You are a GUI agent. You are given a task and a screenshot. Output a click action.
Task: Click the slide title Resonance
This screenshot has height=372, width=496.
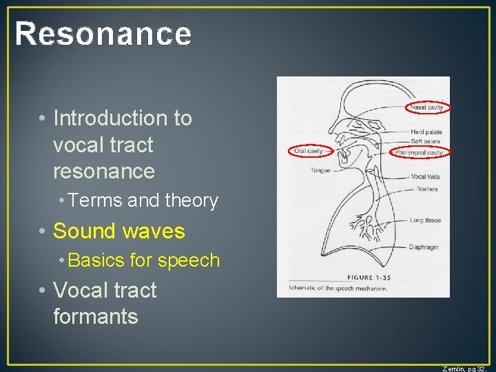pyautogui.click(x=103, y=34)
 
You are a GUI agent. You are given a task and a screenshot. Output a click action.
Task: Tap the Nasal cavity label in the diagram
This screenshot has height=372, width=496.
pyautogui.click(x=427, y=107)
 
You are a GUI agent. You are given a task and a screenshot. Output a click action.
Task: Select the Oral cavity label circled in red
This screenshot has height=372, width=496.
pyautogui.click(x=309, y=151)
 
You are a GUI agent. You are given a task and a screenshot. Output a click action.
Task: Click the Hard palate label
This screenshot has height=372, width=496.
pyautogui.click(x=426, y=132)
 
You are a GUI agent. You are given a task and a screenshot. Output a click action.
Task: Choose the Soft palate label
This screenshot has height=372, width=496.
pyautogui.click(x=425, y=141)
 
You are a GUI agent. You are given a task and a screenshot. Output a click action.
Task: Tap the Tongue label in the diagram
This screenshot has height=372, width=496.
pyautogui.click(x=320, y=170)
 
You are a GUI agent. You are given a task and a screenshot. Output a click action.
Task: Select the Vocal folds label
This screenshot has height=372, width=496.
pyautogui.click(x=425, y=177)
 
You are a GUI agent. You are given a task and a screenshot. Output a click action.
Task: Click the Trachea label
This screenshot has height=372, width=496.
pyautogui.click(x=426, y=189)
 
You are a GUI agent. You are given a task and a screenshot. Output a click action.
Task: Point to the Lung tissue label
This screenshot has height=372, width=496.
pyautogui.click(x=426, y=220)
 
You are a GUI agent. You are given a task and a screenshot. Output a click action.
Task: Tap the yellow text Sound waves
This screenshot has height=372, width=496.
pyautogui.click(x=118, y=231)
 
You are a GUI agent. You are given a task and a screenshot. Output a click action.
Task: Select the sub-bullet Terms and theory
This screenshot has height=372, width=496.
pyautogui.click(x=143, y=200)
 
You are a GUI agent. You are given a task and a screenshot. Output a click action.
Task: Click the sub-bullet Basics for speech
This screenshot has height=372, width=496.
pyautogui.click(x=144, y=260)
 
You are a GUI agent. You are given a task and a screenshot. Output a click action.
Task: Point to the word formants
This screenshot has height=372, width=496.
pyautogui.click(x=95, y=316)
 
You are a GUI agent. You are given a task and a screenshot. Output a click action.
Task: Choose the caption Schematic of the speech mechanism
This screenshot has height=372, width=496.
pyautogui.click(x=338, y=289)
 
